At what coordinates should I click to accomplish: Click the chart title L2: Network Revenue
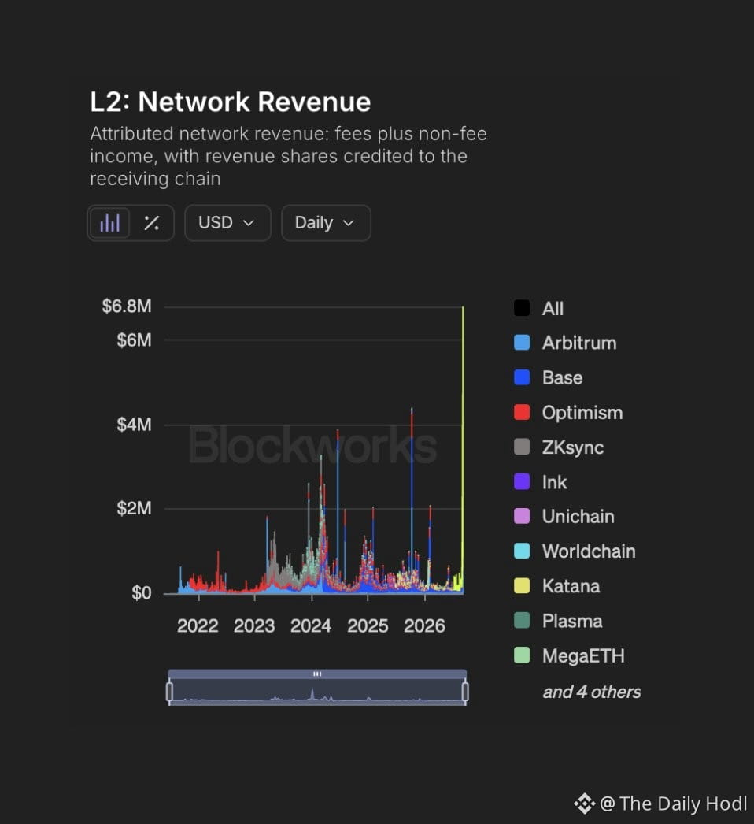coord(230,102)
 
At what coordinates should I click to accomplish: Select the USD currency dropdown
coord(227,223)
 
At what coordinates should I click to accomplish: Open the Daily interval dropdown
coord(326,223)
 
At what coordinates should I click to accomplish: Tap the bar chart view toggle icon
coord(109,223)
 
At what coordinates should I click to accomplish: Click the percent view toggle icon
coord(152,223)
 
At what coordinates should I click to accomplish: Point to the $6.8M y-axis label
coord(127,306)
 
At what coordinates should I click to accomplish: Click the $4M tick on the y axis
coord(134,424)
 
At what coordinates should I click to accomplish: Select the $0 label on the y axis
coord(141,592)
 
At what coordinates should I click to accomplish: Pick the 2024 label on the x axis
coord(311,626)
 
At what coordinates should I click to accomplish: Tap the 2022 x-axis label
coord(198,626)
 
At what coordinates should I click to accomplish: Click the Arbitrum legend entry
coord(565,343)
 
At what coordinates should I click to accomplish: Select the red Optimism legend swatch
coord(521,413)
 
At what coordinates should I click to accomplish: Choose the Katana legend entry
coord(556,586)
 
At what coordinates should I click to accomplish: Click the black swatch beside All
coord(521,308)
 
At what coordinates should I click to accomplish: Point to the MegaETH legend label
coord(583,656)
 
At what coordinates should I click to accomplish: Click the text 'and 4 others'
coord(592,692)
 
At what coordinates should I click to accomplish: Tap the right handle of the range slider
coord(465,692)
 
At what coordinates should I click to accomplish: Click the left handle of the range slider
coord(169,692)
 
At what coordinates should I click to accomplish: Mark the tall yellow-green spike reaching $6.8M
coord(463,450)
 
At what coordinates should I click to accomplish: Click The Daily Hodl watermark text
coord(683,804)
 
